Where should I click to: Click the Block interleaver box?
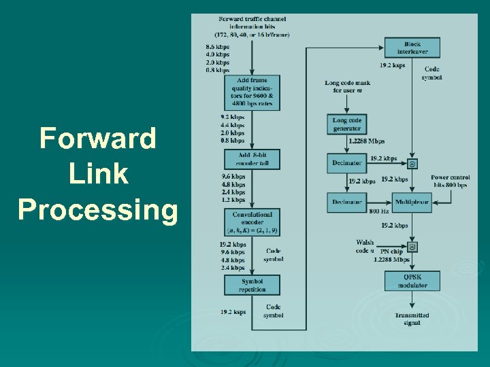412,48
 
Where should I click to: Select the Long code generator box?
347,124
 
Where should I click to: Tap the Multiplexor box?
412,202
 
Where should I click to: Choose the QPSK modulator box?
412,281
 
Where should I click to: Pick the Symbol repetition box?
252,285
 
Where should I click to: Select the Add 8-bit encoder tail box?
252,160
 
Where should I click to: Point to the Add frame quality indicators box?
252,92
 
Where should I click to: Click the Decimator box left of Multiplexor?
347,202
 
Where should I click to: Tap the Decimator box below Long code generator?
347,163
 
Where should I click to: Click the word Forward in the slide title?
97,139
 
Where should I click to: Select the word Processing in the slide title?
97,209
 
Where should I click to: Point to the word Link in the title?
97,174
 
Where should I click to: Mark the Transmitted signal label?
412,319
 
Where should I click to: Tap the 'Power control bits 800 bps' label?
450,181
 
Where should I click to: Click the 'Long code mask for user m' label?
347,86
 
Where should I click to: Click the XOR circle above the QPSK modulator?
412,247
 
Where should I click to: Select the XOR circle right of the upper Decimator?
412,164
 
